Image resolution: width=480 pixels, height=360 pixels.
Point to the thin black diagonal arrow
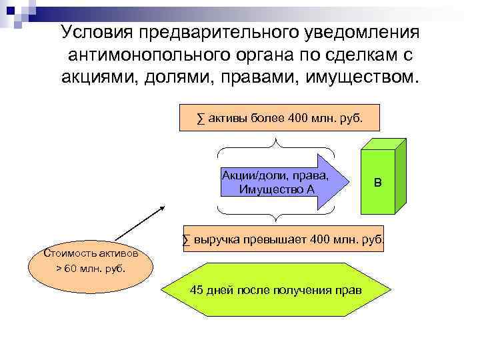[140, 223]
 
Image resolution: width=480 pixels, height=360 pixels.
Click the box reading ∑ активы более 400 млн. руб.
[279, 118]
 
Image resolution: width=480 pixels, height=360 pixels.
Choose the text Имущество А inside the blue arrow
[276, 189]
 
